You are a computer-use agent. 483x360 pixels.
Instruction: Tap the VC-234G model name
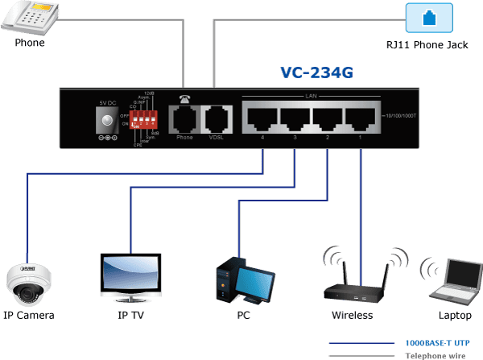(317, 73)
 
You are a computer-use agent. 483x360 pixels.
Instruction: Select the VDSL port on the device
(216, 119)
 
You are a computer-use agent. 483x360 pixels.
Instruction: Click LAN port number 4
(261, 118)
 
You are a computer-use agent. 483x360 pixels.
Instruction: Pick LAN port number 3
(294, 118)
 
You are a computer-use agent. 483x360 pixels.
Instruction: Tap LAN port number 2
(328, 118)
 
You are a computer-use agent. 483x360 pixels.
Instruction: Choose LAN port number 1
(360, 118)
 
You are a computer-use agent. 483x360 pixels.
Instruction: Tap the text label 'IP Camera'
(28, 315)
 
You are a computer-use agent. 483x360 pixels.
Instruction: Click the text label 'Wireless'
(353, 315)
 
